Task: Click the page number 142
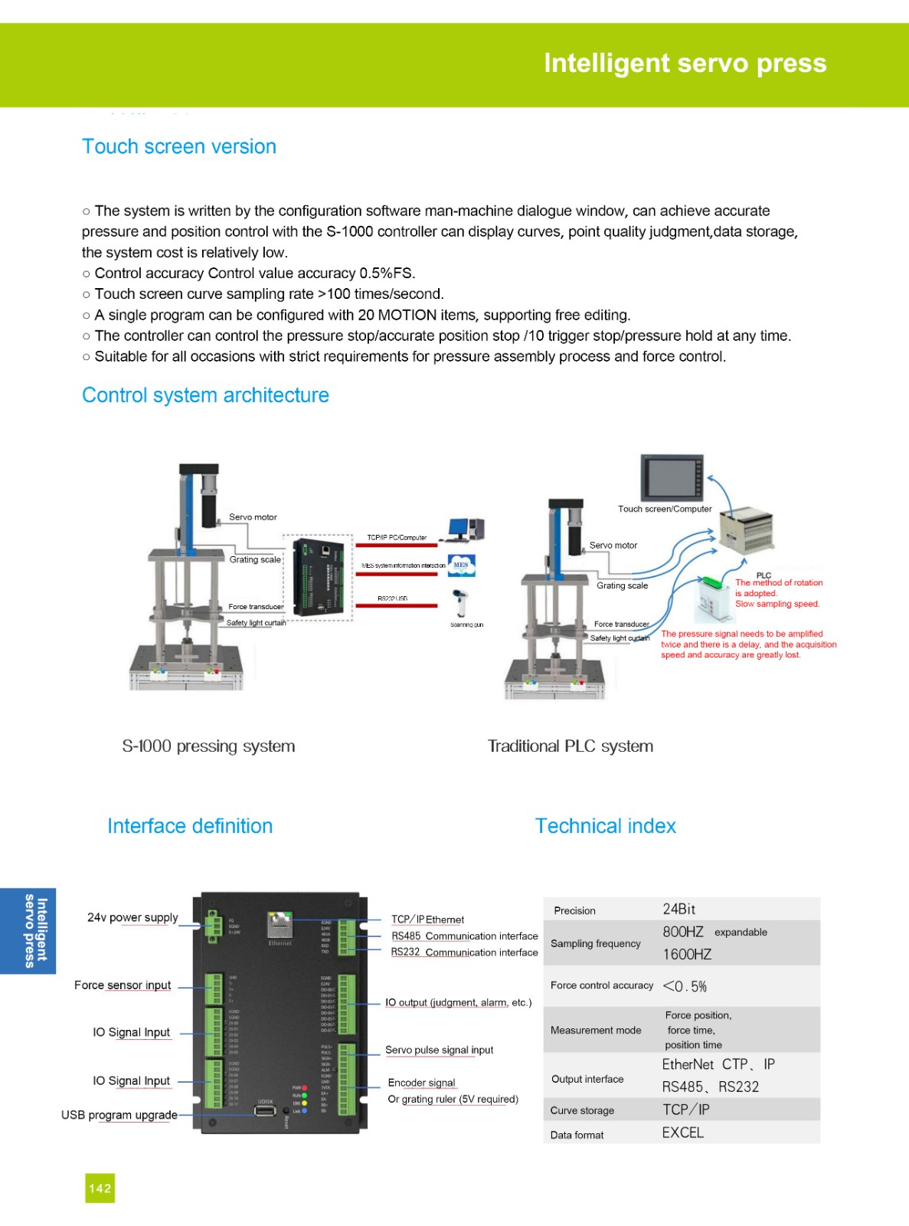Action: pos(100,1188)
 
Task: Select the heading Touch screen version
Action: pos(178,146)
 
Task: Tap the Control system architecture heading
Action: pos(205,395)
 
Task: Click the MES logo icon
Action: pos(461,565)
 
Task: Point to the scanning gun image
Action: pos(460,603)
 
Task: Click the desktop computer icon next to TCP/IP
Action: pos(466,529)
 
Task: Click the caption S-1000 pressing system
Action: pos(208,746)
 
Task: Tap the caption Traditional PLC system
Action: pos(571,746)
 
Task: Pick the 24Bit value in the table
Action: pos(679,909)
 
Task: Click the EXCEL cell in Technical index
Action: pos(683,1133)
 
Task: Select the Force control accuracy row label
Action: pos(602,985)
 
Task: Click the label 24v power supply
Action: pos(132,917)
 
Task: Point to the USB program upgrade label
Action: pos(119,1115)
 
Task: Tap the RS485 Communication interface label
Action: pos(465,936)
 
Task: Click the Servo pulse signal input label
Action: pos(440,1050)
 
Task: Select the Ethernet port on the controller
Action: pos(280,924)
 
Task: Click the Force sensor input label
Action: pos(123,985)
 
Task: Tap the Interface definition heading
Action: pos(190,826)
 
